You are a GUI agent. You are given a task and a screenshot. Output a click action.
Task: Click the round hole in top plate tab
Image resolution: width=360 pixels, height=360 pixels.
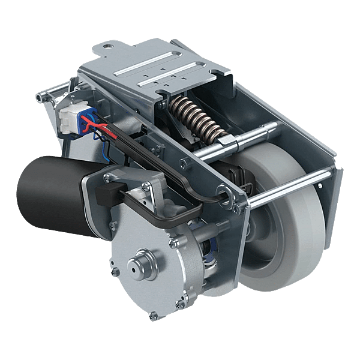(107, 44)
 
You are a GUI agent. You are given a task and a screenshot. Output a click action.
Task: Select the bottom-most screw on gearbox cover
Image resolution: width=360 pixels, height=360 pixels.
(155, 314)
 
